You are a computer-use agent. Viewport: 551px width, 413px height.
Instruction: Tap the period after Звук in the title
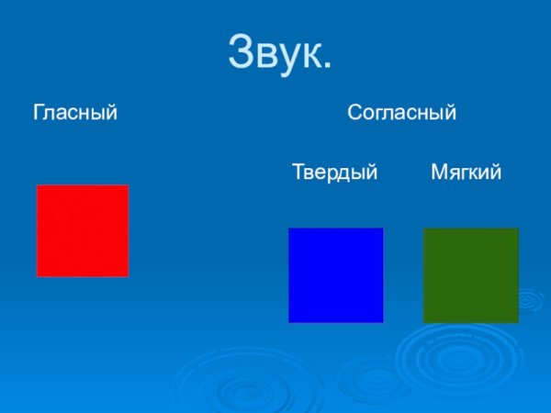326,68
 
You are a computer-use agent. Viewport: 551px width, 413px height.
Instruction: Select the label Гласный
75,114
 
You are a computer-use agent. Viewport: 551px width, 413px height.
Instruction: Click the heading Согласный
402,114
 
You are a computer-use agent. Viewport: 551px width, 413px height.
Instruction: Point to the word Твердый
335,172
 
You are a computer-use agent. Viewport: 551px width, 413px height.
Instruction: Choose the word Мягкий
466,172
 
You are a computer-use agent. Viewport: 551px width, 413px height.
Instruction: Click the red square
83,230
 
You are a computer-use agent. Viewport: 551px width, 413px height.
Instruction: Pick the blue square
335,275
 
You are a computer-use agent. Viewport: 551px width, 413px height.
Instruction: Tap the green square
470,275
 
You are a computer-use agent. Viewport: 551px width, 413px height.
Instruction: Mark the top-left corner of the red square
37,185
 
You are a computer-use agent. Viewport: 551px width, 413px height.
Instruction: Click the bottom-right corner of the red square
128,275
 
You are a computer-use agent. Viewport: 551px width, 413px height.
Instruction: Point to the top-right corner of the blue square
382,229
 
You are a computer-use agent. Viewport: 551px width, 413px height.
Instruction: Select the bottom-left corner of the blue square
289,321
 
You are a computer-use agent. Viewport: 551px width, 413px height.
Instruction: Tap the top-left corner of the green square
423,229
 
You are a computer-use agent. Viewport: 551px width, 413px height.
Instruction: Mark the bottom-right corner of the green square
518,322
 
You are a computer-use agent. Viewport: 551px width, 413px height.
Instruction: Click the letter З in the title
240,52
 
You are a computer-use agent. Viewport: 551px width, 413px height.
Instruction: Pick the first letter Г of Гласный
39,114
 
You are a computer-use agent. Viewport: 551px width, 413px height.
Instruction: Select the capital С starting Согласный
354,114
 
